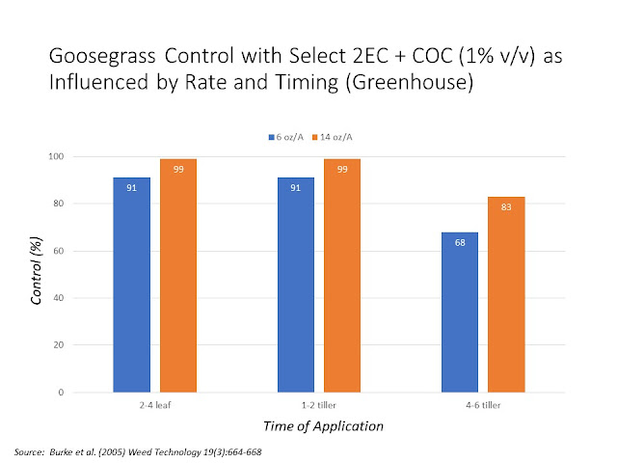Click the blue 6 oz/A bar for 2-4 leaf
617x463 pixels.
(x=131, y=285)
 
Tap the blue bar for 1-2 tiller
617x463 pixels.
(x=296, y=285)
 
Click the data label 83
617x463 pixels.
(x=506, y=206)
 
